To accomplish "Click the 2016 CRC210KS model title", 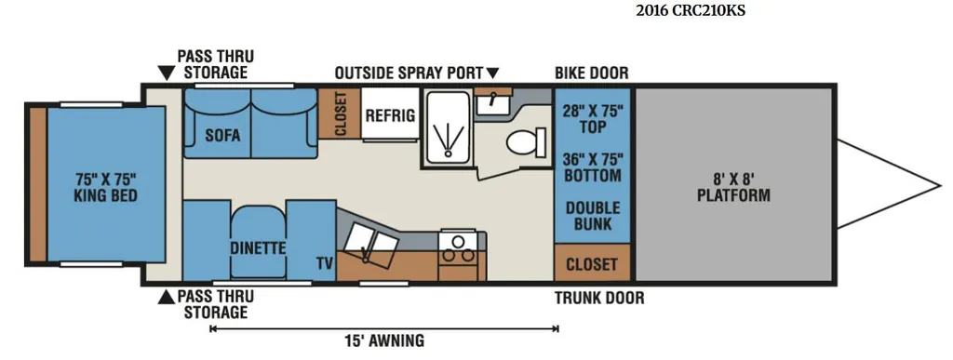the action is pyautogui.click(x=690, y=10).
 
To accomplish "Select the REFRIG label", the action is pyautogui.click(x=390, y=115).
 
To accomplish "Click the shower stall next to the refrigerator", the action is pyautogui.click(x=448, y=127).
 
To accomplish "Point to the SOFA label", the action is pyautogui.click(x=222, y=136).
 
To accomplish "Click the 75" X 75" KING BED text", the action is pyautogui.click(x=106, y=187).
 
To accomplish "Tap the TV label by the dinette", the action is pyautogui.click(x=325, y=263).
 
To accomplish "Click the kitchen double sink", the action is pyautogui.click(x=370, y=243).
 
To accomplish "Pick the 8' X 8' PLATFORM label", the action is pyautogui.click(x=733, y=188).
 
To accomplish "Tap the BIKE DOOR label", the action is pyautogui.click(x=591, y=73).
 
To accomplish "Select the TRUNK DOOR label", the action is pyautogui.click(x=599, y=298).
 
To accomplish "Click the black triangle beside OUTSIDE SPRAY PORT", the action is pyautogui.click(x=492, y=73).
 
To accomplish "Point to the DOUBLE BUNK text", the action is pyautogui.click(x=593, y=216).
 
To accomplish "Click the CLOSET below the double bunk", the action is pyautogui.click(x=592, y=264).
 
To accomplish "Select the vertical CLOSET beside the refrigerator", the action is pyautogui.click(x=340, y=113).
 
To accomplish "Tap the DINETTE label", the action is pyautogui.click(x=258, y=247).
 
